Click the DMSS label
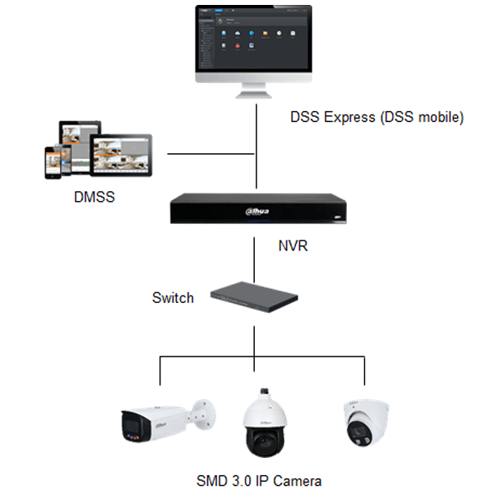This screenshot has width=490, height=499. (94, 197)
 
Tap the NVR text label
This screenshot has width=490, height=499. (293, 245)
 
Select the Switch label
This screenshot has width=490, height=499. (173, 298)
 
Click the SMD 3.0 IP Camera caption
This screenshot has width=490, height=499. (259, 481)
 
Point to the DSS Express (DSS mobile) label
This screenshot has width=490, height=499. (377, 117)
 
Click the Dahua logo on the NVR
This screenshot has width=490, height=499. (257, 212)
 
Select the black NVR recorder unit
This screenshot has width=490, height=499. (258, 208)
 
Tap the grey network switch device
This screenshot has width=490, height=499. (254, 297)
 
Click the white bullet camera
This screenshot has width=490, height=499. (169, 421)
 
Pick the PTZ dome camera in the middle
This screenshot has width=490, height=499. (265, 422)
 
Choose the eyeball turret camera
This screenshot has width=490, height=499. (367, 422)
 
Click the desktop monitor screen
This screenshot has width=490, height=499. (253, 38)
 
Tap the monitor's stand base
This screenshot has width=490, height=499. (253, 95)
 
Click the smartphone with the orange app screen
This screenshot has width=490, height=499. (53, 163)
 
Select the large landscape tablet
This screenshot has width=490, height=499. (121, 156)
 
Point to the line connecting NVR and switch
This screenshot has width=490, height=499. (254, 260)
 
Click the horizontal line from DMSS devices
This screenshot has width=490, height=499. (210, 154)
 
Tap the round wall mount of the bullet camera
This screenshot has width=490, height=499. (205, 415)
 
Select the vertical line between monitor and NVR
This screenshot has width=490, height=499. (257, 147)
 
